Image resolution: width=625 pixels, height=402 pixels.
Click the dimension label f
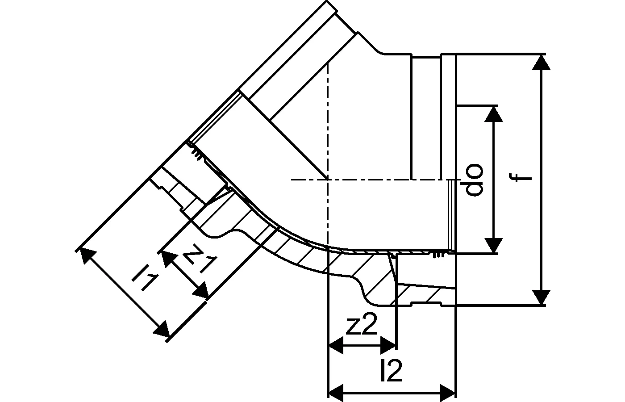[x=520, y=178]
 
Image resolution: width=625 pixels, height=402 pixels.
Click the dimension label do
[x=474, y=180]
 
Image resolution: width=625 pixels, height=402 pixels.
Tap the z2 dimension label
[x=361, y=324]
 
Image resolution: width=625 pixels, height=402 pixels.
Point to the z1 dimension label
[x=200, y=258]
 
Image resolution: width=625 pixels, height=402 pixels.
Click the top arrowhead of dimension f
[x=541, y=62]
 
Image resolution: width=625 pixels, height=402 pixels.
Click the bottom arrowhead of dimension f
[x=541, y=297]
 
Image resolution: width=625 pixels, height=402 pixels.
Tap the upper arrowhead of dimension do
[x=493, y=114]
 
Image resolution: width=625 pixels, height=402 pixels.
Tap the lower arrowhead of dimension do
[x=493, y=245]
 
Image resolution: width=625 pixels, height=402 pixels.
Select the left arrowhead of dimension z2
[x=336, y=345]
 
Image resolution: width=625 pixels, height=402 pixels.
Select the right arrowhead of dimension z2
[x=388, y=345]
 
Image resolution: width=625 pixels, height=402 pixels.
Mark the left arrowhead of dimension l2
[x=336, y=393]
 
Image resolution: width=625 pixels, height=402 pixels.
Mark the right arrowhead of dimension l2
[x=447, y=393]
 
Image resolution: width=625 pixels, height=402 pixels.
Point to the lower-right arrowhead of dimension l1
[x=162, y=329]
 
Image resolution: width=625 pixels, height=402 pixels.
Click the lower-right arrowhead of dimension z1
[x=200, y=290]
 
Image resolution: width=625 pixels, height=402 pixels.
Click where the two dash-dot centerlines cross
[x=328, y=180]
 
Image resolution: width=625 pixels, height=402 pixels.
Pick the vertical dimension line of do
[x=493, y=180]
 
